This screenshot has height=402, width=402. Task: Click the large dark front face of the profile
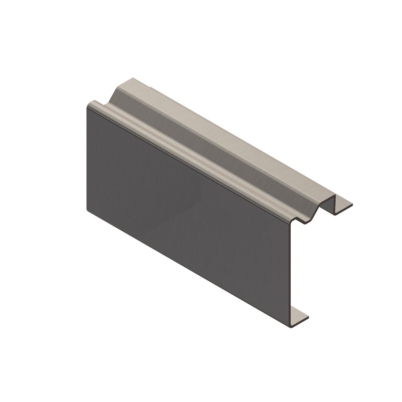pos(185,209)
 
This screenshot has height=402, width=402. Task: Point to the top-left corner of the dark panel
pos(88,103)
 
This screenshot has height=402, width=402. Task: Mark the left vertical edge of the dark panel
pos(87,157)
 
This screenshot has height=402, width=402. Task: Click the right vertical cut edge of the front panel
pos(290,273)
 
